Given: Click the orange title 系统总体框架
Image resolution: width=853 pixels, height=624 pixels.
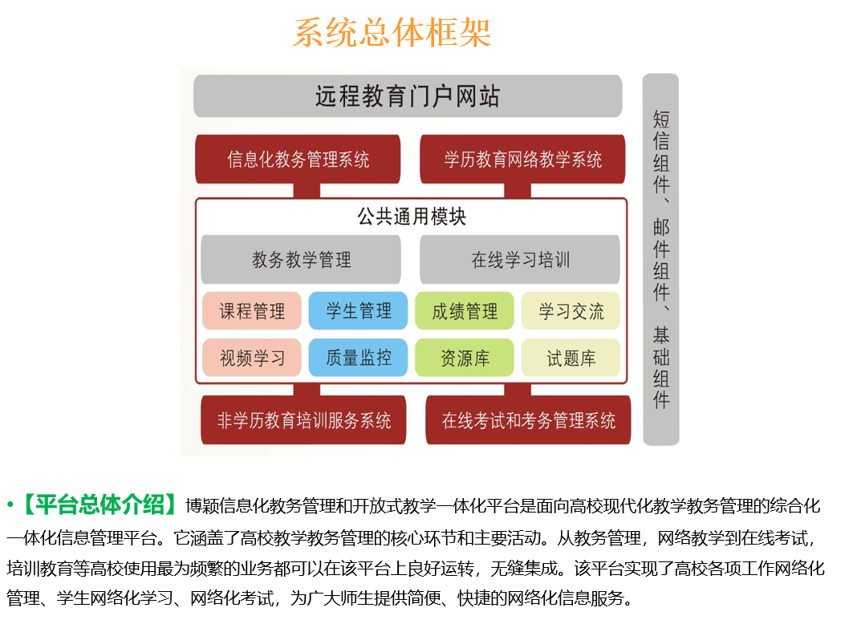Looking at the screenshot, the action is tap(392, 33).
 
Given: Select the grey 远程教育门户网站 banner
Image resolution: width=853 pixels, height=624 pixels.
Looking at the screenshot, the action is tap(408, 96).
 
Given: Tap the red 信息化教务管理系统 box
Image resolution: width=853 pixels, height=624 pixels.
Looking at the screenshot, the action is tap(299, 159).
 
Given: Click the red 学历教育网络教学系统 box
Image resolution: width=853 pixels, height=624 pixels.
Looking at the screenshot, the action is tap(522, 159).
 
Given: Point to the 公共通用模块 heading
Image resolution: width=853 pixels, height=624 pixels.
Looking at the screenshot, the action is tap(412, 217).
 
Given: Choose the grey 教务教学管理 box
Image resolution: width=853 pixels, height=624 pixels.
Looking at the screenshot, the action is tap(301, 259).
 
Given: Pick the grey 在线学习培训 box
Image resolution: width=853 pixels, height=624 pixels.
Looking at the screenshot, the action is tap(520, 259).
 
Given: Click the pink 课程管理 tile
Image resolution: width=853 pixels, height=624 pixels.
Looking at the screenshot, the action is tap(252, 311).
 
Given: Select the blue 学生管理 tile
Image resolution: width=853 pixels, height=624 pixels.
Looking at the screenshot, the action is tap(358, 311).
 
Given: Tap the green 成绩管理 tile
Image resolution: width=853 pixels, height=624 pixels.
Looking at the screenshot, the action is tap(465, 311).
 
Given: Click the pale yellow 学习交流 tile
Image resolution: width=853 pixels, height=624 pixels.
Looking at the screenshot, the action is tap(571, 311).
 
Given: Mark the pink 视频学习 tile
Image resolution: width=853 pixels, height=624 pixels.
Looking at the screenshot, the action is tap(252, 358).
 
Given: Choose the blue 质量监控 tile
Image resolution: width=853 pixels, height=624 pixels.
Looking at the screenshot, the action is tap(358, 358).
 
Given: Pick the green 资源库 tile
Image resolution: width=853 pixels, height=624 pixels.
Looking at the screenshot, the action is tap(465, 358).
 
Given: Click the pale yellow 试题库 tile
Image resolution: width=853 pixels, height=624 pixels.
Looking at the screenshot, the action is tap(571, 358).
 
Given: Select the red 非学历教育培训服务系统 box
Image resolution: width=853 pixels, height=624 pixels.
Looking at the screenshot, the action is tap(303, 420).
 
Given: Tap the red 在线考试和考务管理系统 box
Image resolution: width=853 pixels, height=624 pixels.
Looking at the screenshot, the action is tap(528, 420).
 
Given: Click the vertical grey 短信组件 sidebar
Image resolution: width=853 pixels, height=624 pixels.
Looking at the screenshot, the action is tap(661, 260).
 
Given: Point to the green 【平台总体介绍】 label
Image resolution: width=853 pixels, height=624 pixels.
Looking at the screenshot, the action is tap(99, 505).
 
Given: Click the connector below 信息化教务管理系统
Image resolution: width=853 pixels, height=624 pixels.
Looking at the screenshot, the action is tap(307, 191).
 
